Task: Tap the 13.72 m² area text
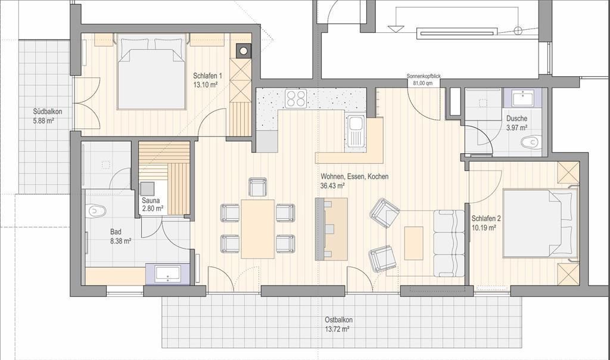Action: point(337,329)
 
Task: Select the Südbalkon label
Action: point(48,111)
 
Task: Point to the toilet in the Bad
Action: point(97,210)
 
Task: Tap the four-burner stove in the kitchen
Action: point(295,98)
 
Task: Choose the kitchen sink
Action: point(355,132)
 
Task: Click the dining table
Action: point(258,229)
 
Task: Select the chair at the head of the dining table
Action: point(257,187)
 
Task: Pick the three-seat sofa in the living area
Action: point(449,243)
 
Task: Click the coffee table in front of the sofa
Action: point(413,243)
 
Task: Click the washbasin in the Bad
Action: point(167,274)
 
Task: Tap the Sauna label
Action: point(151,201)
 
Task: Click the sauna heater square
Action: point(148,188)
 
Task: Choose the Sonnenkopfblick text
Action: point(424,76)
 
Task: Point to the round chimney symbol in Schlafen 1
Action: point(243,50)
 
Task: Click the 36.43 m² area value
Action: point(332,186)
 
